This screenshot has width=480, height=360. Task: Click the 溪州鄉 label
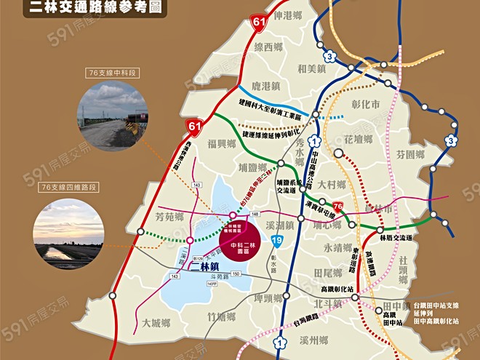click(314, 340)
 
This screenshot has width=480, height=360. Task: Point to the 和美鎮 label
click(311, 69)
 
